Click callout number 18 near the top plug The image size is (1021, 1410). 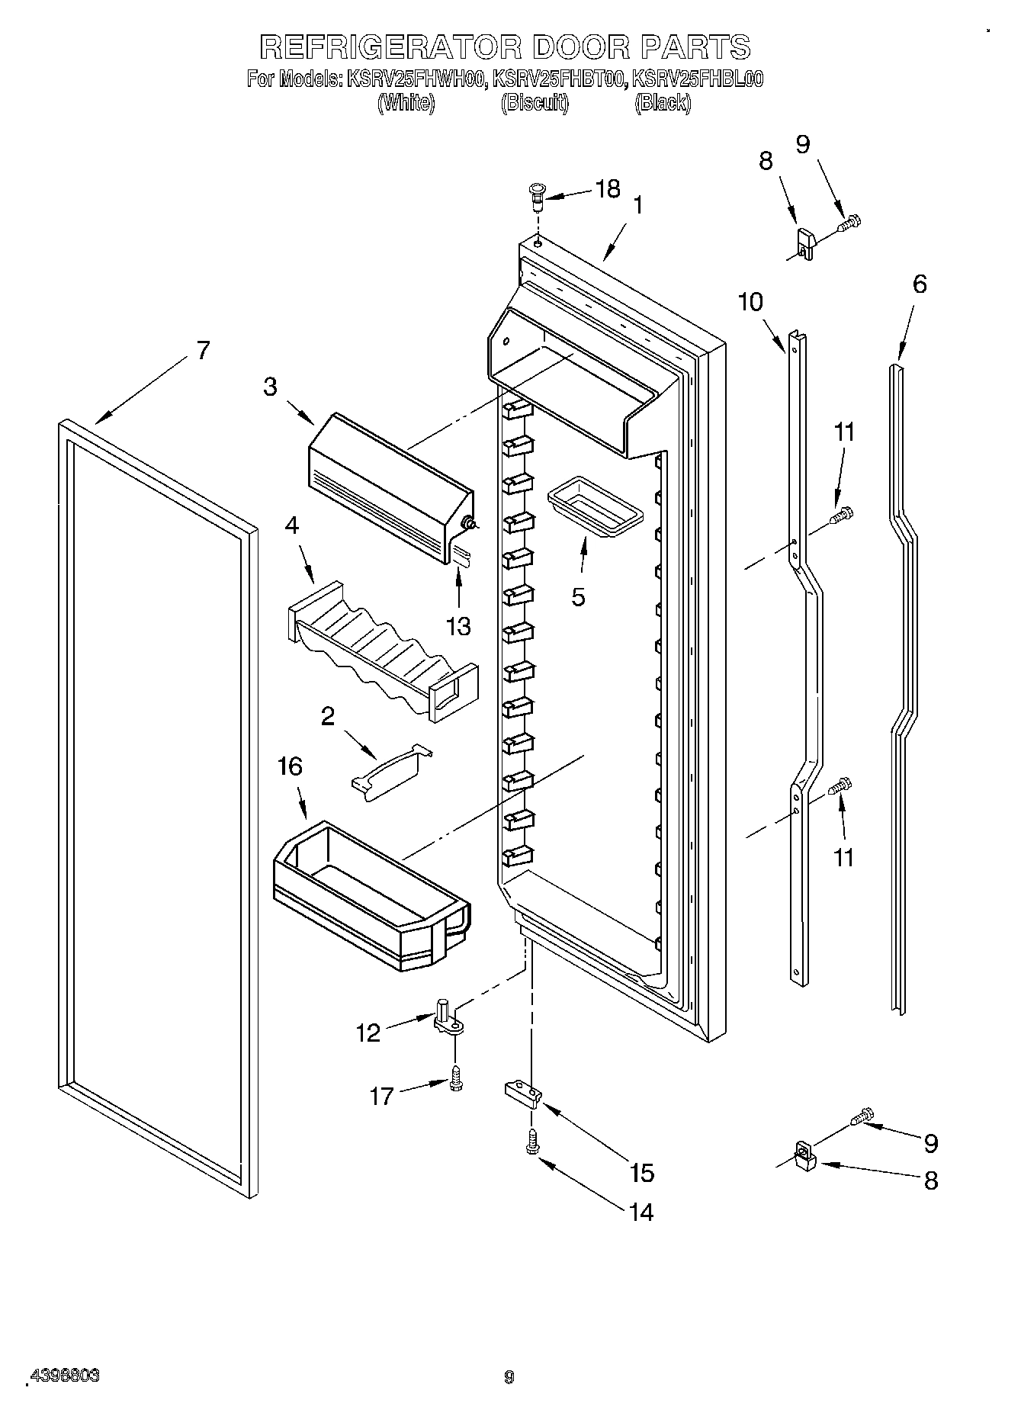pyautogui.click(x=607, y=189)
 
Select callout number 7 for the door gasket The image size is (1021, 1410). pyautogui.click(x=202, y=350)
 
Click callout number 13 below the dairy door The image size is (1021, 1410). pyautogui.click(x=458, y=626)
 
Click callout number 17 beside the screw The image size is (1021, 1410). pyautogui.click(x=381, y=1096)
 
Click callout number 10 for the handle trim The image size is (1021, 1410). pyautogui.click(x=750, y=302)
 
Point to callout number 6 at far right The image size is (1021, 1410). pyautogui.click(x=920, y=284)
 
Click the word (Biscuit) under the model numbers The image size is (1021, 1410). pyautogui.click(x=535, y=103)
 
